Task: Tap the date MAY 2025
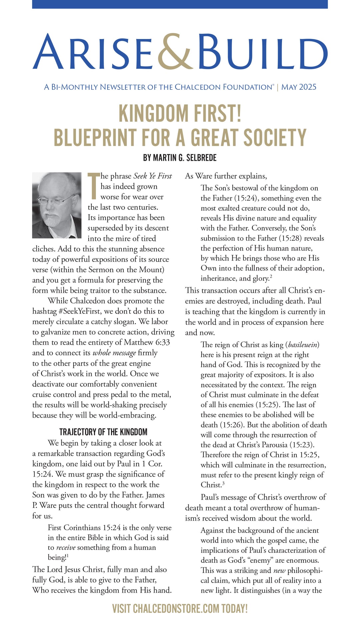click(x=299, y=87)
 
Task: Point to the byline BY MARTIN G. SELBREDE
click(x=180, y=157)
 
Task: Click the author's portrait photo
click(x=57, y=205)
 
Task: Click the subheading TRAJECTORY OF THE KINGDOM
click(x=103, y=432)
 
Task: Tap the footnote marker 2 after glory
click(x=271, y=276)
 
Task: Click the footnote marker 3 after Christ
click(x=223, y=483)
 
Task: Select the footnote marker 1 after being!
click(x=68, y=556)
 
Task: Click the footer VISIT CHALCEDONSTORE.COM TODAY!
click(x=180, y=608)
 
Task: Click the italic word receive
click(x=66, y=548)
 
